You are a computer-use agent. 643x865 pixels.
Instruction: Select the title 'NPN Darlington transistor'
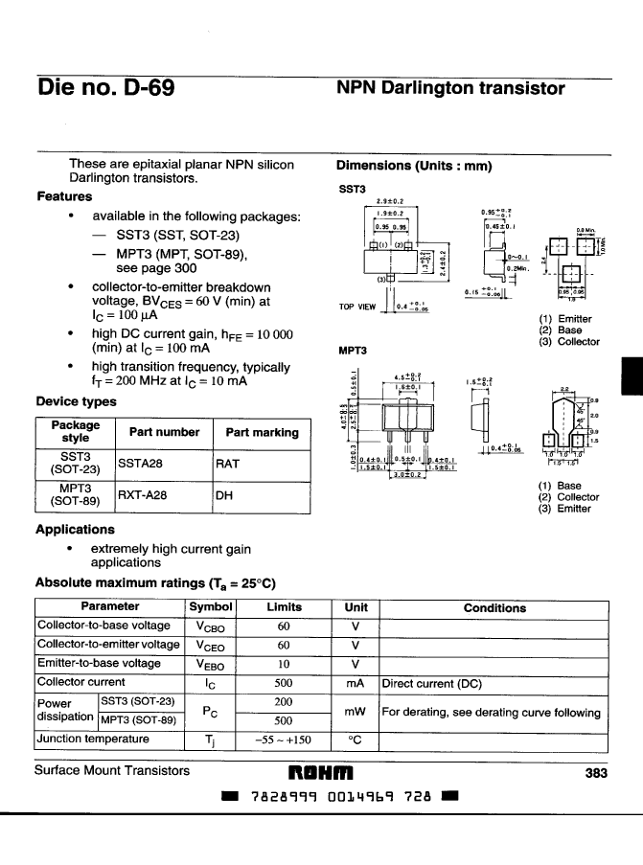(450, 89)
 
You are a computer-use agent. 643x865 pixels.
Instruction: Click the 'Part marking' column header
(262, 432)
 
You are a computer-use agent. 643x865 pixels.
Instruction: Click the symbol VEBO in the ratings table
(211, 664)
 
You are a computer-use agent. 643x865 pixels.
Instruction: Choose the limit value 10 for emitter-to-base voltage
(283, 664)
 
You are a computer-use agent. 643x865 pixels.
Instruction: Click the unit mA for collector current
(356, 683)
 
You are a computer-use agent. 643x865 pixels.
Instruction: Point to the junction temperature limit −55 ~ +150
(283, 740)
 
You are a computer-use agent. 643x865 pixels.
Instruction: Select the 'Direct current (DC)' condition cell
(426, 683)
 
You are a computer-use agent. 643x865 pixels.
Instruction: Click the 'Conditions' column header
(494, 608)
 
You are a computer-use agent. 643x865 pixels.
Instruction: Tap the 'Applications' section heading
(75, 529)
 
